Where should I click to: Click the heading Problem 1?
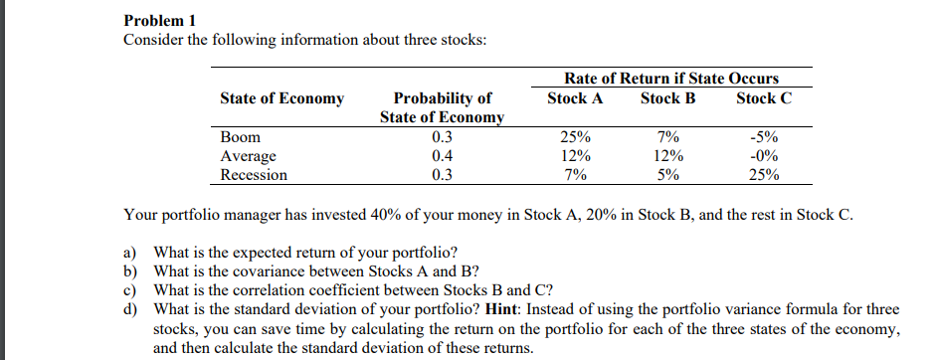(x=158, y=19)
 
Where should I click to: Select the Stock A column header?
(x=575, y=98)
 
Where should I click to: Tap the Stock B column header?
(x=667, y=98)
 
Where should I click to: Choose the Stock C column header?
(x=764, y=98)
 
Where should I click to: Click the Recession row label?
(x=253, y=175)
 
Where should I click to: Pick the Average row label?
(x=248, y=156)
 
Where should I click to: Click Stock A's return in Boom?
(x=575, y=137)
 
